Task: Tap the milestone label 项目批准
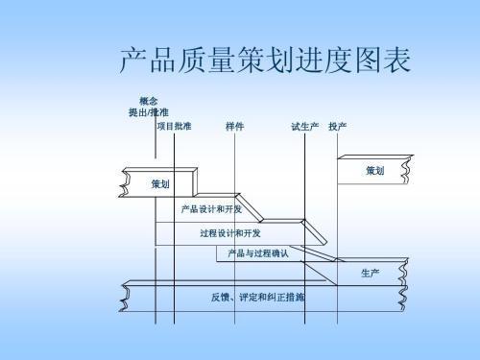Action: tap(173, 126)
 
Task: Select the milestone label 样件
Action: tap(234, 126)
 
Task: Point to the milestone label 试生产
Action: tap(304, 126)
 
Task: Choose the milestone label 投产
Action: tap(338, 126)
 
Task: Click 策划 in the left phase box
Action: tap(160, 182)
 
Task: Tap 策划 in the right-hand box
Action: tap(374, 171)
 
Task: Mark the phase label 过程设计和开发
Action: tap(230, 232)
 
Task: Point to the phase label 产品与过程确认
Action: tap(257, 253)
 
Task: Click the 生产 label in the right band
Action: tap(370, 274)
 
